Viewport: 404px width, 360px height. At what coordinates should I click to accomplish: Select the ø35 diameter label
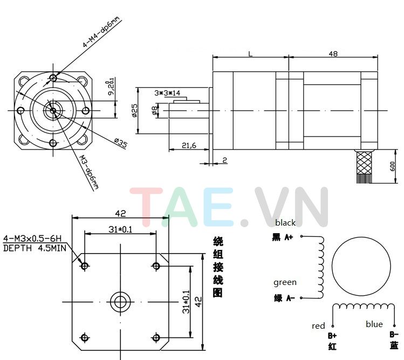pos(120,143)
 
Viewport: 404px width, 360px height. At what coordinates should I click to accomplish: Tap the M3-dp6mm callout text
pos(90,172)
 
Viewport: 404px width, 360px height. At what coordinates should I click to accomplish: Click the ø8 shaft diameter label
pos(155,111)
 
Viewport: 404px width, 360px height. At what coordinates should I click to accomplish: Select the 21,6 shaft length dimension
pos(188,145)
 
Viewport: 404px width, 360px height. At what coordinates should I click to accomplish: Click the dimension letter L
pos(250,53)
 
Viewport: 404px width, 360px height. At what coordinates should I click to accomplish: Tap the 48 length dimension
pos(333,53)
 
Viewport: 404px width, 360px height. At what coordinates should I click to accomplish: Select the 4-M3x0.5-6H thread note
pos(32,238)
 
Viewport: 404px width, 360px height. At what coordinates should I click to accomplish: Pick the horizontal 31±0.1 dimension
pos(120,229)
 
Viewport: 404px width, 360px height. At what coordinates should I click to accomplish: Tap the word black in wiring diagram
pos(285,222)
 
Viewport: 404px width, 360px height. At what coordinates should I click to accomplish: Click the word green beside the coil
pos(285,282)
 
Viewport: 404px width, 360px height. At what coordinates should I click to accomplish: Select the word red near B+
pos(318,325)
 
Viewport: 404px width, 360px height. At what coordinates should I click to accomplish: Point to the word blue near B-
pos(374,324)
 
